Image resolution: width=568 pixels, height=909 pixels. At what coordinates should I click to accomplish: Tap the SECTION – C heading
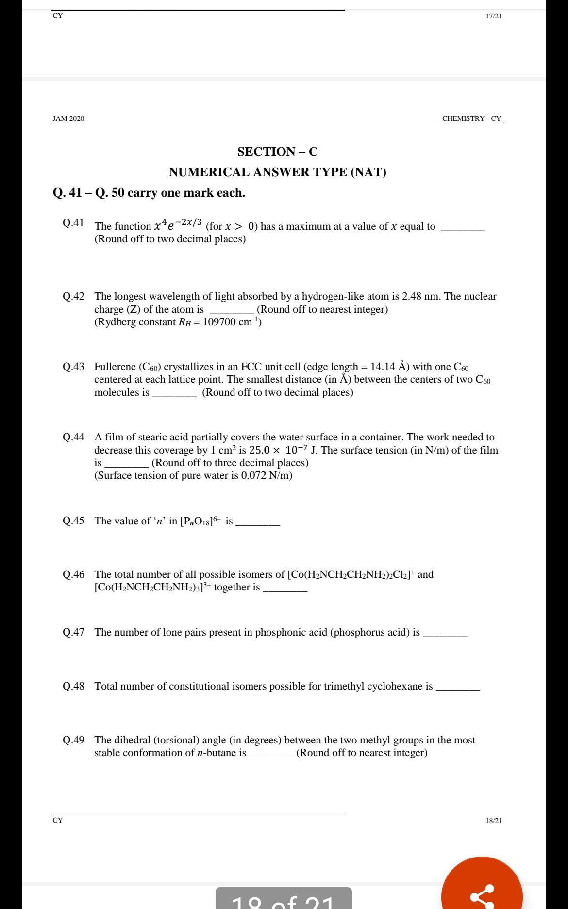pos(277,152)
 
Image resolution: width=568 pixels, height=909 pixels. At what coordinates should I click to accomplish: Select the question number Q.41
pos(73,223)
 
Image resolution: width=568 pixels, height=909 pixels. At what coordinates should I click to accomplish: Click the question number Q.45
pos(73,521)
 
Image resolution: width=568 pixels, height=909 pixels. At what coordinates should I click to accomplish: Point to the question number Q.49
pos(73,740)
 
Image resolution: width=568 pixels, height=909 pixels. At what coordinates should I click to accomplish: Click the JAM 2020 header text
pos(68,118)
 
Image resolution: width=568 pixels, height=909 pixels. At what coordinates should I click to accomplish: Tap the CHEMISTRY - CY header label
pos(471,118)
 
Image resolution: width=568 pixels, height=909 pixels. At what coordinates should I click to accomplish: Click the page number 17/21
pos(494,16)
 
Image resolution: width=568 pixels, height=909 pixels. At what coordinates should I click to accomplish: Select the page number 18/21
pos(494,821)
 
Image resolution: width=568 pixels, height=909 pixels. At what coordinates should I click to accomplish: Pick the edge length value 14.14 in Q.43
pos(383,367)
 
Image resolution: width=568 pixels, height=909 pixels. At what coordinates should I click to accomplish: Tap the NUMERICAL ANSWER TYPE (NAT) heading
pos(277,172)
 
